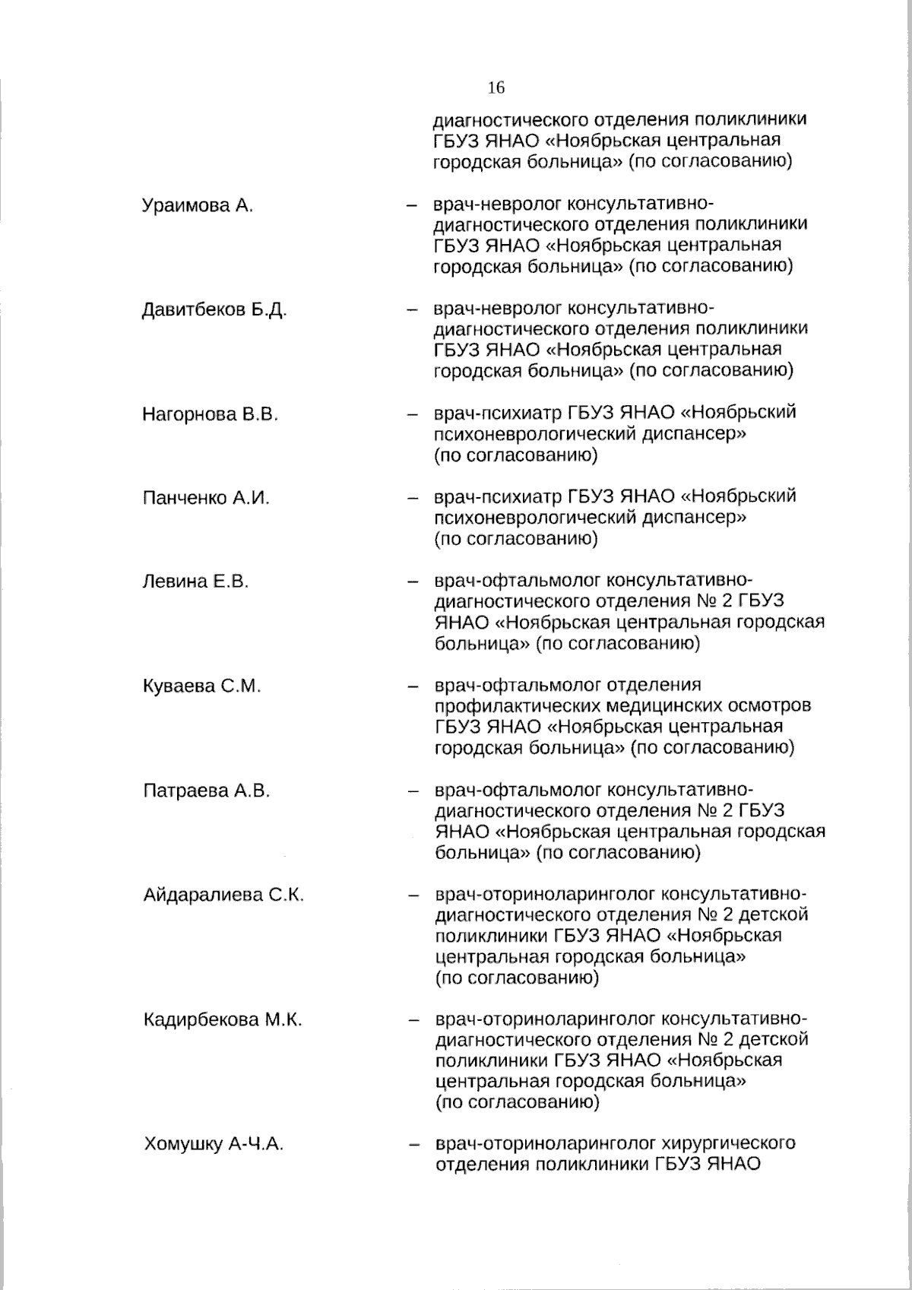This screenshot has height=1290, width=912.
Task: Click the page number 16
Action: [496, 87]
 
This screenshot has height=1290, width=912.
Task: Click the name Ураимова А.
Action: [198, 206]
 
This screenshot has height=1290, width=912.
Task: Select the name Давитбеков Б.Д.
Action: [214, 310]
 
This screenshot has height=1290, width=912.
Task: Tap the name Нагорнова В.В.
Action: [210, 415]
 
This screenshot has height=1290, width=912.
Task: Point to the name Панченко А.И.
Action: [206, 499]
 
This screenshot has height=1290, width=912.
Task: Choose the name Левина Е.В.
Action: [195, 582]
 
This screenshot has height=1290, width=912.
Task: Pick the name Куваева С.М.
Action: [201, 686]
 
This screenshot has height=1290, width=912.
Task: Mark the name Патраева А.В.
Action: [206, 791]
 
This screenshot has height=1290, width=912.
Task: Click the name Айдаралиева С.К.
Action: [223, 895]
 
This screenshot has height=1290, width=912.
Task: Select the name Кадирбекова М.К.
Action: [223, 1020]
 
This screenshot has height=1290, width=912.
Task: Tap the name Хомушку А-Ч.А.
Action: [214, 1145]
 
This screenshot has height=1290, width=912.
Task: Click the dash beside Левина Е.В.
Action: [413, 583]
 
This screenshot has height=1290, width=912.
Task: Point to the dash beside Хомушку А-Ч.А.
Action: [414, 1145]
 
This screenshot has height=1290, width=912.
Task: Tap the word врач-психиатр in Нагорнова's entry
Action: [497, 413]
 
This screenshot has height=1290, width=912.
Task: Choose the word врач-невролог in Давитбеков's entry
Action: [498, 309]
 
